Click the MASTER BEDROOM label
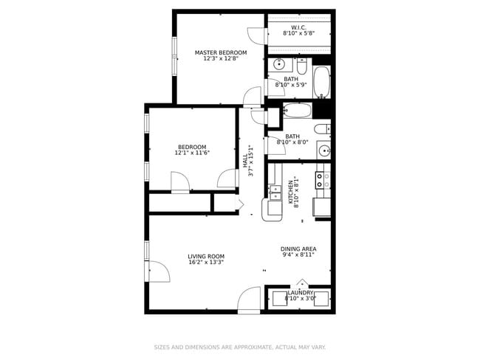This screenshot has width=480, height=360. [x=221, y=55]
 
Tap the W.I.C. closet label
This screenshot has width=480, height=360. [x=298, y=31]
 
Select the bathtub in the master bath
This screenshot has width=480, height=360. [x=321, y=82]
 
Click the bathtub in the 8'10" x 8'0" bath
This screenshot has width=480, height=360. [x=298, y=112]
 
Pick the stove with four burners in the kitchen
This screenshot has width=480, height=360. [x=322, y=177]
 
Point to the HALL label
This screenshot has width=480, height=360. [x=249, y=161]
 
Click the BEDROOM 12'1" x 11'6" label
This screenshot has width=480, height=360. [x=192, y=150]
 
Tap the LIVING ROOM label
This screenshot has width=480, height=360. [x=206, y=259]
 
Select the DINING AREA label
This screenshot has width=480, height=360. [x=298, y=252]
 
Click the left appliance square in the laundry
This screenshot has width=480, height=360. [x=278, y=299]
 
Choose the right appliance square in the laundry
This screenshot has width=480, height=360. [x=322, y=299]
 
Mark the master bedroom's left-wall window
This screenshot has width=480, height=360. [x=174, y=56]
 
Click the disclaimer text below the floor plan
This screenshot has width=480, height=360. [x=239, y=347]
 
